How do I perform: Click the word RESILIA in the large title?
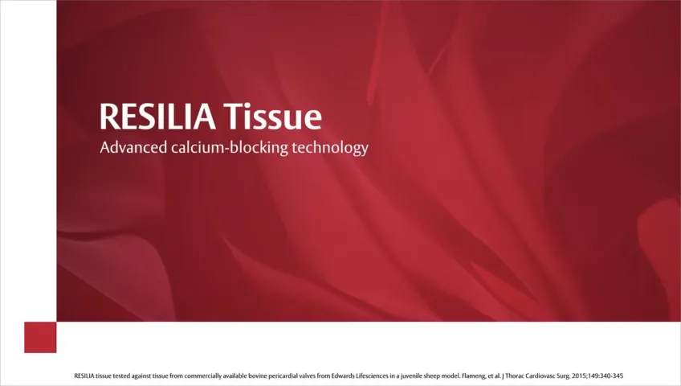click(157, 117)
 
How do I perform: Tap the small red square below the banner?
click(40, 337)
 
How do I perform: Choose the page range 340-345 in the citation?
click(612, 376)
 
